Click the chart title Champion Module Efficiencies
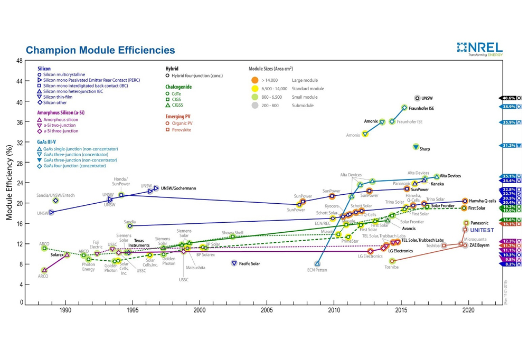point(100,51)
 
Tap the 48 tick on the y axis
point(20,61)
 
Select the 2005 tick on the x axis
point(267,310)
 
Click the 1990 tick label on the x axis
point(65,310)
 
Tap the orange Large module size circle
point(255,80)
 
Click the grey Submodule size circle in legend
point(255,106)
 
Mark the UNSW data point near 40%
point(417,98)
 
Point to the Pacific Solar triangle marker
point(234,263)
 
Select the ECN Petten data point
point(317,263)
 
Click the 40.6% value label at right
point(508,98)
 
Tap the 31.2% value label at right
point(508,146)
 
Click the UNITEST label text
point(482,231)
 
